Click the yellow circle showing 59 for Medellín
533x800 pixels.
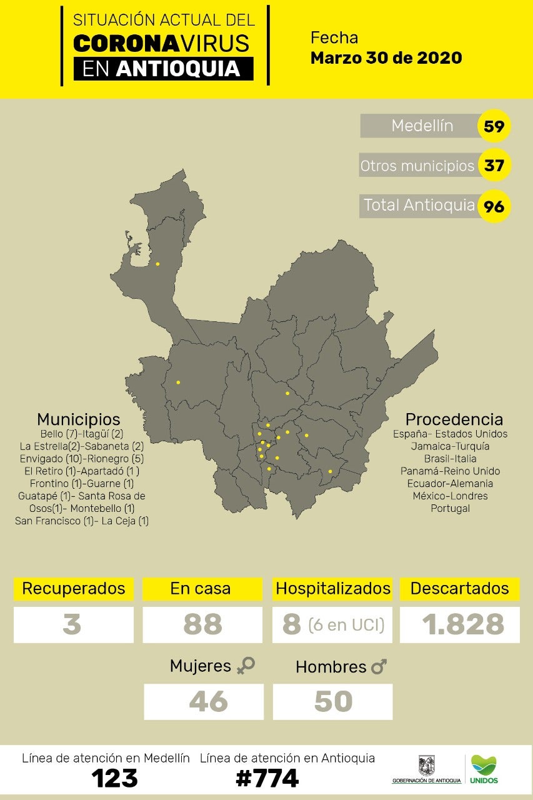pos(494,127)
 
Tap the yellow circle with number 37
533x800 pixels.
pos(494,166)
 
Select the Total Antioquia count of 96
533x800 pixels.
pos(494,206)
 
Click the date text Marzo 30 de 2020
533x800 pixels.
pos(386,58)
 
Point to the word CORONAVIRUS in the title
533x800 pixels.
pos(161,43)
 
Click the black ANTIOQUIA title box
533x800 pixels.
pos(163,69)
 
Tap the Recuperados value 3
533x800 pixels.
pos(73,624)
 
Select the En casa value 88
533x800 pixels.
pos(202,624)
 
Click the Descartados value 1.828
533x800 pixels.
pos(463,624)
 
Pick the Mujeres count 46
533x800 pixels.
pos(209,701)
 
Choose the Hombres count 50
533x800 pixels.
pos(333,701)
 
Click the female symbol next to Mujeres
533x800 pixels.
pos(246,666)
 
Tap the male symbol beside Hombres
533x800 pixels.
pos(379,667)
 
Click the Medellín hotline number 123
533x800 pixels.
pos(114,778)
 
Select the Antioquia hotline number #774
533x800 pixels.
pos(267,778)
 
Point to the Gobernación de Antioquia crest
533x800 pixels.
pos(427,764)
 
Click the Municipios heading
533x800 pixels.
pos(78,419)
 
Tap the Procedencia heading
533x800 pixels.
pos(454,419)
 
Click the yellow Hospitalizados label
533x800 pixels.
pos(333,589)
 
